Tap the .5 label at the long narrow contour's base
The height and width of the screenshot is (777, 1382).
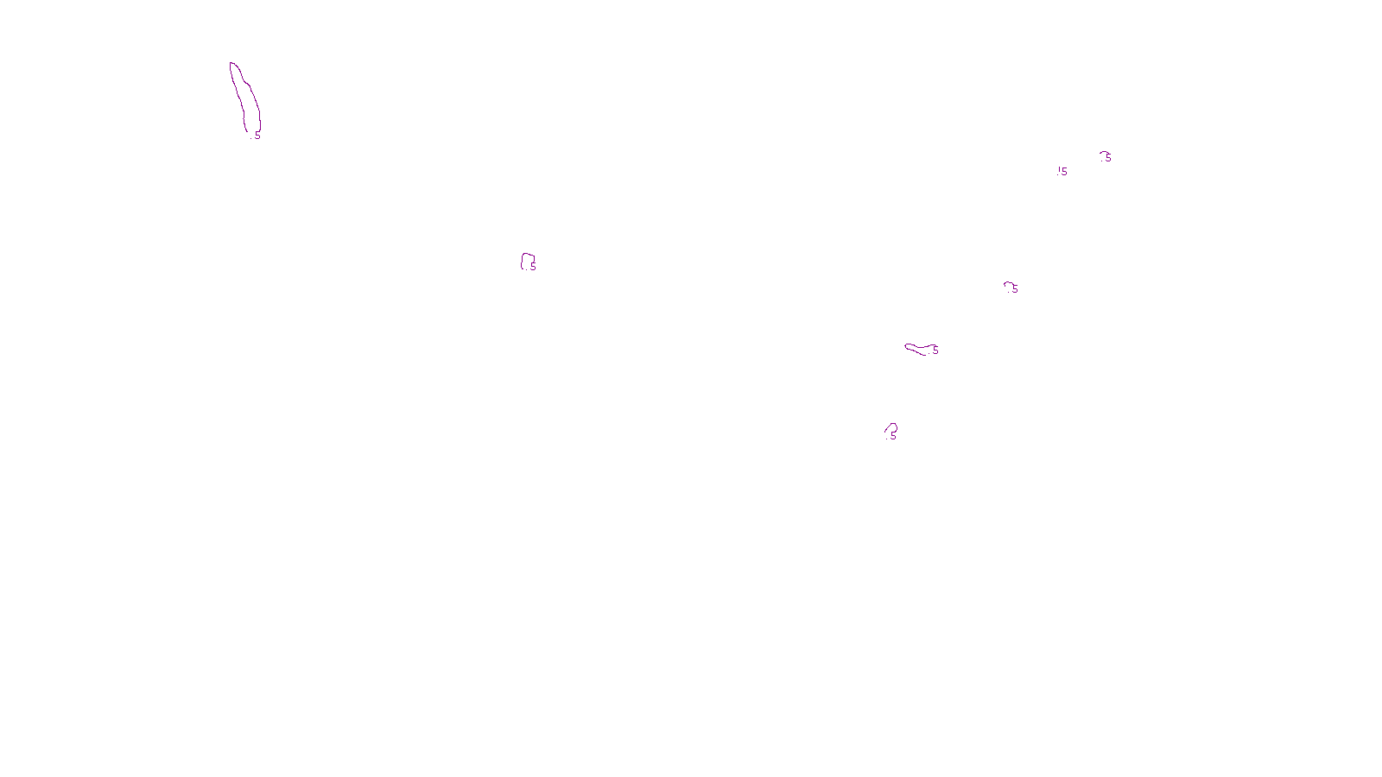[257, 136]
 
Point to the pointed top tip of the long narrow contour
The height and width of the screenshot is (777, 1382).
[231, 63]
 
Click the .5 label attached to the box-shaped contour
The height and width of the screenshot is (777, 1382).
[532, 268]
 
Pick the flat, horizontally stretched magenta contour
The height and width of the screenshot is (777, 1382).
[917, 349]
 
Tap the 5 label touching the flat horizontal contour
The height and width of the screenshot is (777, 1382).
[935, 350]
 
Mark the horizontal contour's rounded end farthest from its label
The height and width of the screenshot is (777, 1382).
[907, 346]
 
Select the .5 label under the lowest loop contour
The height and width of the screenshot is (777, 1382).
[892, 437]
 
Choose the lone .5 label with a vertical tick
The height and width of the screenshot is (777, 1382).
[1062, 172]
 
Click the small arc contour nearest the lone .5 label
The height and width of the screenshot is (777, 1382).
[1103, 153]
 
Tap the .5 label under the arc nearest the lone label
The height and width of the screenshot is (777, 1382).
[1108, 158]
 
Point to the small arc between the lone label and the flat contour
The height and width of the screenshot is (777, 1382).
[1007, 283]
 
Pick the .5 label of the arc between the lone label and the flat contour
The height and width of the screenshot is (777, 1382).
[1015, 289]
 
